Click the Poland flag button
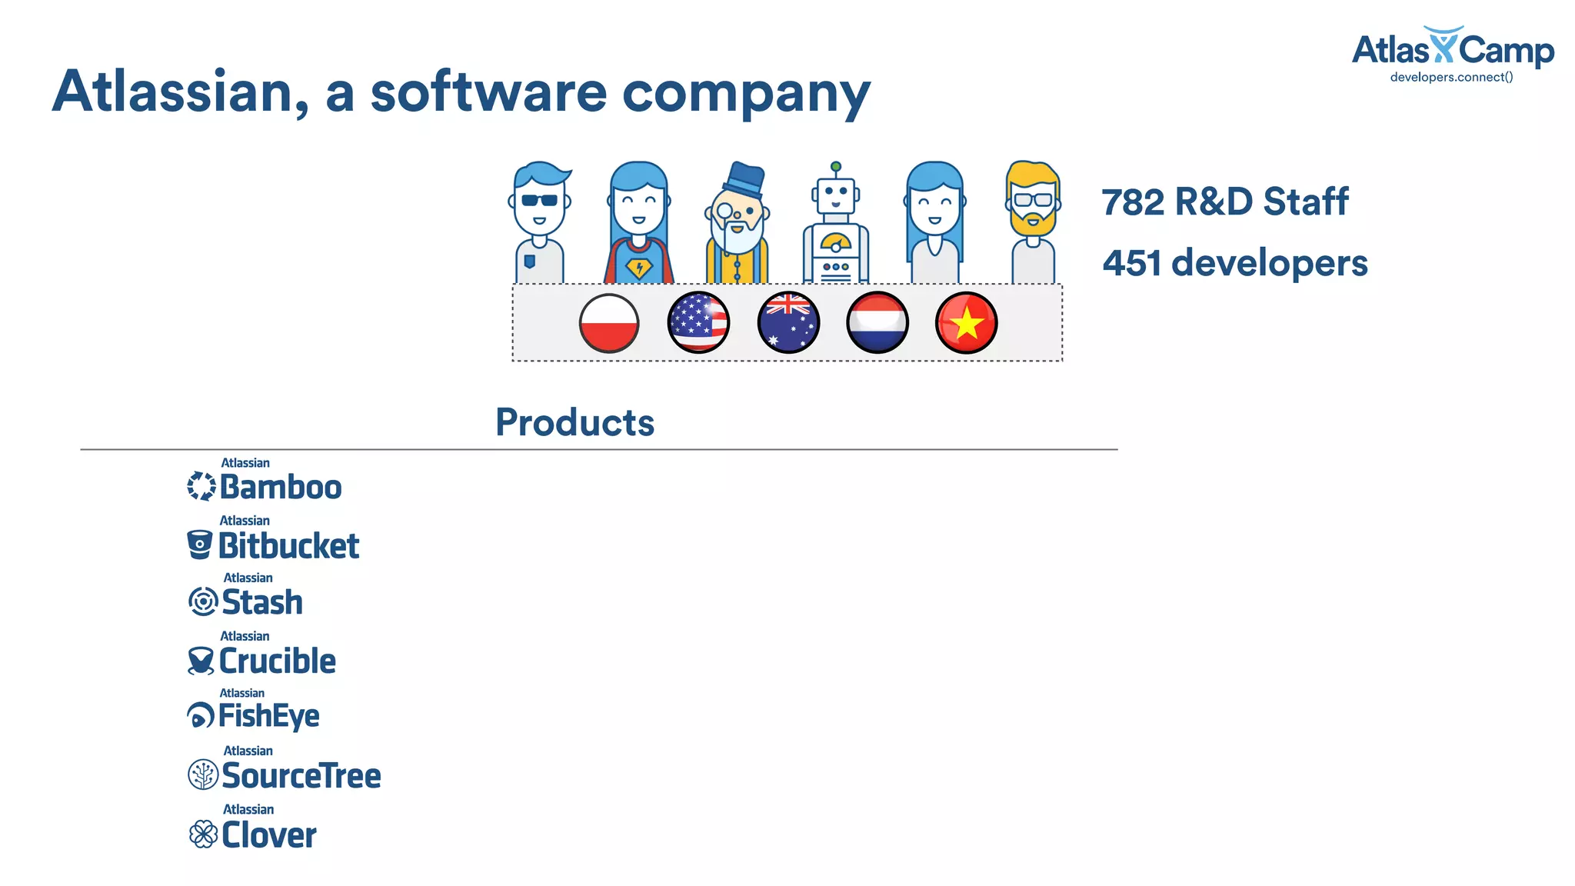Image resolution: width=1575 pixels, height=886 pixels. tap(609, 323)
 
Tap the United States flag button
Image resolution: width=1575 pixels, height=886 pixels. tap(698, 323)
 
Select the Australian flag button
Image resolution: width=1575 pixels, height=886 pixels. tap(788, 323)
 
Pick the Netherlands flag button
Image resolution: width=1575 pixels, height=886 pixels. tap(877, 323)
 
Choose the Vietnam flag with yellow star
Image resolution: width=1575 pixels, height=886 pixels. tap(967, 323)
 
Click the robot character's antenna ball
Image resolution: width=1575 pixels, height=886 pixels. tap(836, 167)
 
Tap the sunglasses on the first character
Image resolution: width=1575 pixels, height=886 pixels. tap(539, 201)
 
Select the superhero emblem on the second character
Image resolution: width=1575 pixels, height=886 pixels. tap(638, 268)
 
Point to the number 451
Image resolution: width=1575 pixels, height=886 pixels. tap(1132, 263)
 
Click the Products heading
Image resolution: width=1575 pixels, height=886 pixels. tap(574, 422)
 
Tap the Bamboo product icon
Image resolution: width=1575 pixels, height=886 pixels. tap(201, 486)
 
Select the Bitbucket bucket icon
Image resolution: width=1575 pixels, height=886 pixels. tap(200, 545)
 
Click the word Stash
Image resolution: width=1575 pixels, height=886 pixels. tap(262, 602)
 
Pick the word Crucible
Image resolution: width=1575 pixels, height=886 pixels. tap(278, 661)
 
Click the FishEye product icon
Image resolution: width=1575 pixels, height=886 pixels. tap(201, 716)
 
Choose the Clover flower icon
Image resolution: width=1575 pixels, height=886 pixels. tap(203, 834)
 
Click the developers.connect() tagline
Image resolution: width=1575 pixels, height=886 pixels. tap(1451, 77)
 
